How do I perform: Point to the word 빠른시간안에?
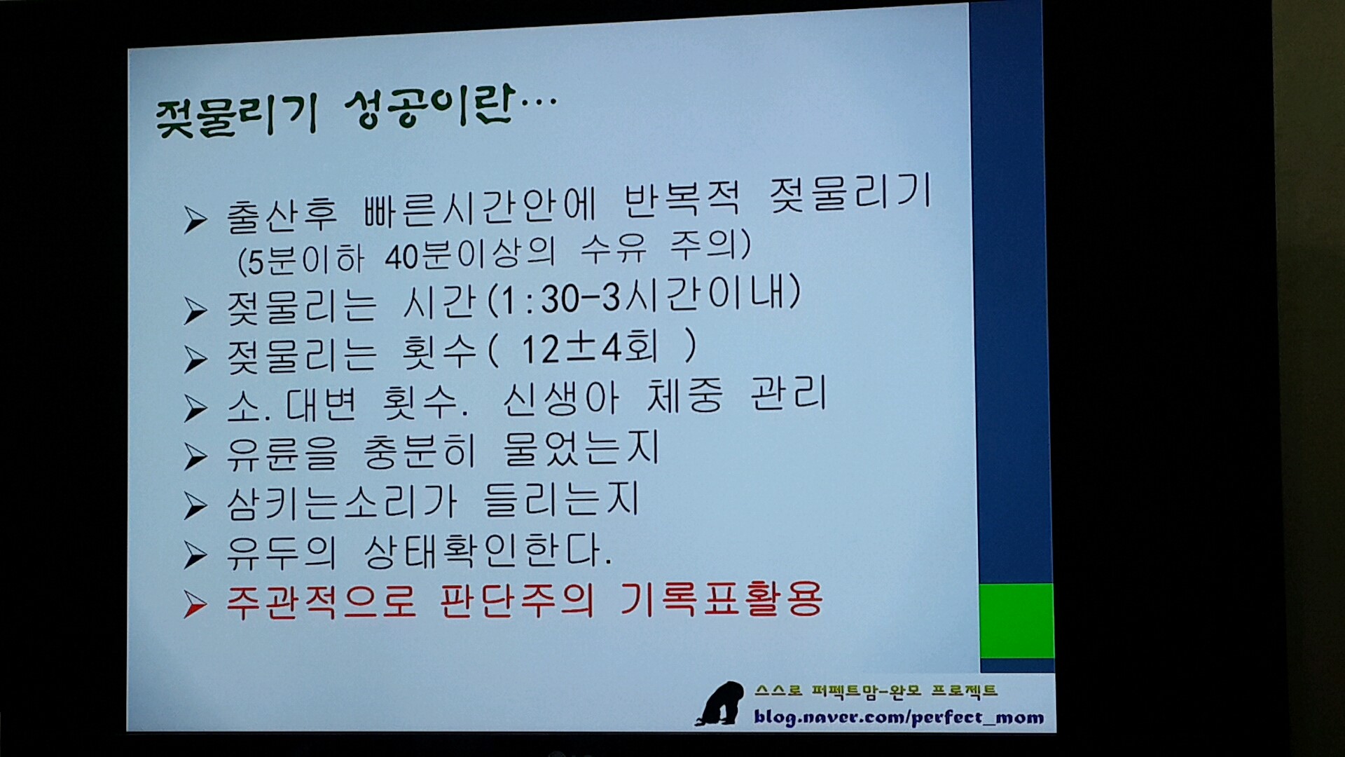tap(480, 207)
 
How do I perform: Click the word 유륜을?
tap(282, 453)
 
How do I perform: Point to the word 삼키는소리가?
tap(342, 503)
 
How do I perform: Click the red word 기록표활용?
tap(721, 599)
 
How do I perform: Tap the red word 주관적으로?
tap(321, 602)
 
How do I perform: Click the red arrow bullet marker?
tap(195, 605)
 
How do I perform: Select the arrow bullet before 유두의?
tap(195, 554)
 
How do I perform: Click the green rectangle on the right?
tap(1016, 621)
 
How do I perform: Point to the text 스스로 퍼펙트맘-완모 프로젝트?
tap(876, 691)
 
